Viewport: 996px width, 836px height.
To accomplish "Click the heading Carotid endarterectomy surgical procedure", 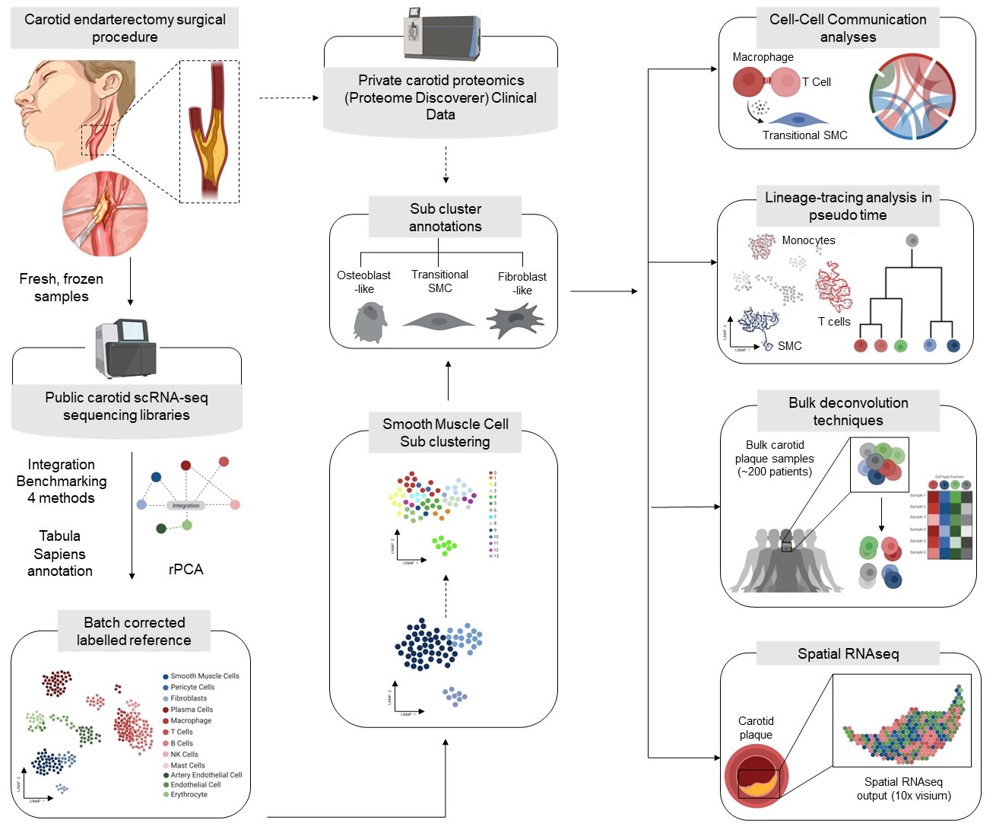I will click(125, 28).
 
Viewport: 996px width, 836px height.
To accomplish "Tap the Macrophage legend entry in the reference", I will click(190, 720).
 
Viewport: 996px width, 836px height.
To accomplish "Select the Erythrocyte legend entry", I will click(188, 794).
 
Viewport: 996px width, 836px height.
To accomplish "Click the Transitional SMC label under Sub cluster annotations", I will click(439, 281).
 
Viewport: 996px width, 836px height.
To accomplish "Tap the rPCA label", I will click(186, 569).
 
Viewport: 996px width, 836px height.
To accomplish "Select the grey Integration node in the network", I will click(186, 505).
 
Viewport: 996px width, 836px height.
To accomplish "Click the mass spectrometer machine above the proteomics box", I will click(442, 34).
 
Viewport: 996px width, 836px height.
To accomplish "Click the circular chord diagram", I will click(912, 97).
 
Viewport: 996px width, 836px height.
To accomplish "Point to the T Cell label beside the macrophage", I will click(817, 82).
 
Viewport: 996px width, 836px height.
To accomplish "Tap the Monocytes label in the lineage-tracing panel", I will click(808, 240).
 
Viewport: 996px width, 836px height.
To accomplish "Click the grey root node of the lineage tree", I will click(912, 240).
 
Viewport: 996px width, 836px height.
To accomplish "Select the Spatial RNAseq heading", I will click(848, 653).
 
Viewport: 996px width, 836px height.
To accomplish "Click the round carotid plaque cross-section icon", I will click(757, 777).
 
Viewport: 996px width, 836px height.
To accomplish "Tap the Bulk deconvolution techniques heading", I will click(848, 411).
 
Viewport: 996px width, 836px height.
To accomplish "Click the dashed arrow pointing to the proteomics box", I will click(289, 98).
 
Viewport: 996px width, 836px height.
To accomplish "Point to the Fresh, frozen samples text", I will click(62, 288).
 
